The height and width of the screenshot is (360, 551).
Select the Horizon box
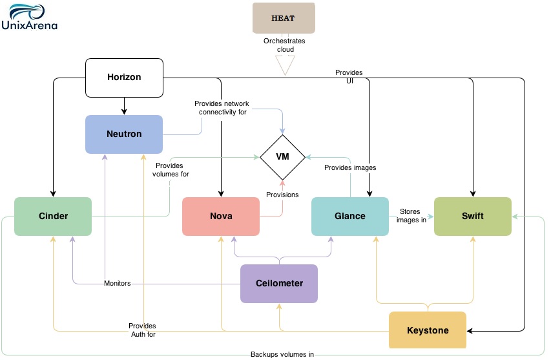pyautogui.click(x=124, y=77)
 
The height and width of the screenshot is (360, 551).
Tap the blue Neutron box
pyautogui.click(x=124, y=134)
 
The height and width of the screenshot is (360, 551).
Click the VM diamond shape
pyautogui.click(x=282, y=156)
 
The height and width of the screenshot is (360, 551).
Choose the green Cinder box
pyautogui.click(x=53, y=216)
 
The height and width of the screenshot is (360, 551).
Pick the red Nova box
pyautogui.click(x=221, y=216)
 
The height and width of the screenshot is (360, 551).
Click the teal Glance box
pyautogui.click(x=349, y=216)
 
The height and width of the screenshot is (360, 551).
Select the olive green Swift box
pyautogui.click(x=472, y=216)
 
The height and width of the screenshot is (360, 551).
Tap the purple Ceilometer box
pyautogui.click(x=279, y=283)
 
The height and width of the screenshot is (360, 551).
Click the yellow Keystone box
pyautogui.click(x=427, y=330)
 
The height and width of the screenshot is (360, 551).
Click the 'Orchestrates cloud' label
pyautogui.click(x=284, y=45)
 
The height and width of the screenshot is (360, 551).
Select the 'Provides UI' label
pyautogui.click(x=349, y=76)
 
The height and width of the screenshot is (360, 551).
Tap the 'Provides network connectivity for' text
pyautogui.click(x=222, y=108)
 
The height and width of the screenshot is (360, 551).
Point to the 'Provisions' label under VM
pyautogui.click(x=282, y=195)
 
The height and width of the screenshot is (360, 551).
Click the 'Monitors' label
pyautogui.click(x=118, y=283)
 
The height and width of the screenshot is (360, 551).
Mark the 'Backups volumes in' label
pyautogui.click(x=282, y=354)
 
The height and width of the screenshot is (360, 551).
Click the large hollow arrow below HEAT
pyautogui.click(x=284, y=65)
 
